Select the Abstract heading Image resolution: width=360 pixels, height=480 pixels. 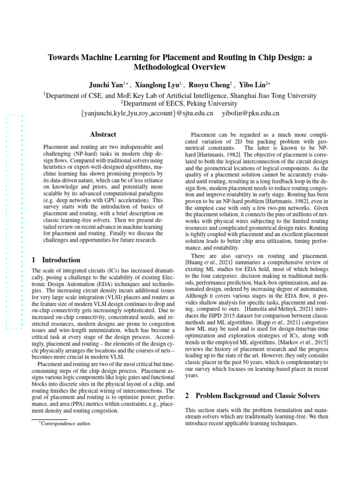pos(103,135)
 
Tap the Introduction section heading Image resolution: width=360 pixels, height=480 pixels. pos(61,260)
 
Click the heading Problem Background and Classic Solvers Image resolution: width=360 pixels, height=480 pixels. pos(253,396)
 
